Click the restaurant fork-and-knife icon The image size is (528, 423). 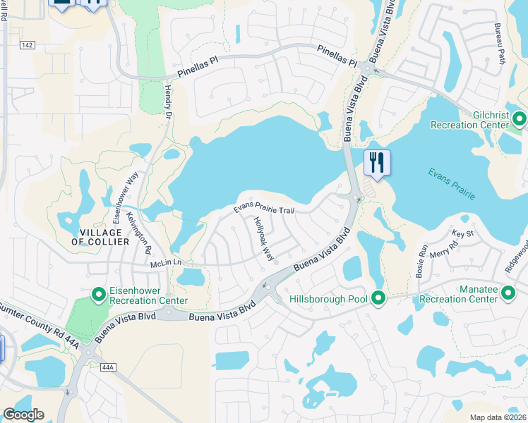coord(377,163)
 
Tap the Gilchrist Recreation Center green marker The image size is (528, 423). coord(520,118)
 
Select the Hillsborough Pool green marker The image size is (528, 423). coord(378,300)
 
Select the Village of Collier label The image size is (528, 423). coord(100,237)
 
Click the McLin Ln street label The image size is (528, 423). coord(166,262)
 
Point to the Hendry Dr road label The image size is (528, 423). coord(169,102)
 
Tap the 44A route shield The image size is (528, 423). coord(107,367)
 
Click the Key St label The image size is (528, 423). coord(462,233)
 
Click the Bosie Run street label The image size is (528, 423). coord(423,261)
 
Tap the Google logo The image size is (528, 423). coord(23,415)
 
